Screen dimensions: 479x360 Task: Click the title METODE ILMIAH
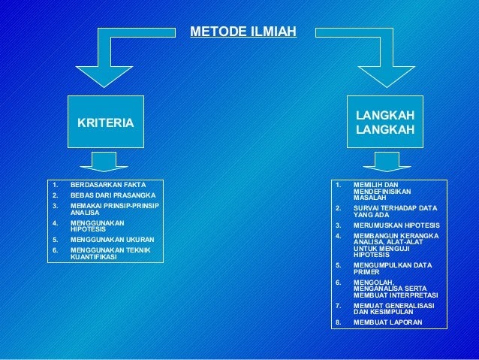pos(243,32)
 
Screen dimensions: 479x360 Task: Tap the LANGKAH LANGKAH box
pos(385,123)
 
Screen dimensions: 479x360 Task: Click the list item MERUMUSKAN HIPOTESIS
pos(396,225)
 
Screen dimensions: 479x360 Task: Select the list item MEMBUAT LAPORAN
pos(387,322)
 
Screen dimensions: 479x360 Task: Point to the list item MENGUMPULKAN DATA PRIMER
pos(392,268)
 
